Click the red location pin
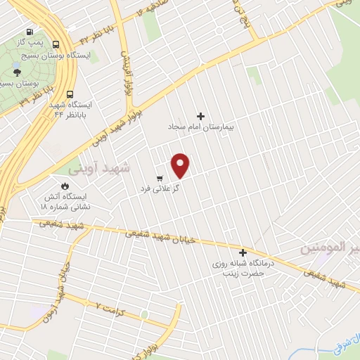click(x=181, y=165)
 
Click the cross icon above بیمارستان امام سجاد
click(x=201, y=116)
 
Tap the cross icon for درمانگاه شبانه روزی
click(x=243, y=253)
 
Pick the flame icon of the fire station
click(x=64, y=186)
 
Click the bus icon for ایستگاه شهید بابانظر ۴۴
click(x=70, y=94)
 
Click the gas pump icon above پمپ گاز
click(x=29, y=32)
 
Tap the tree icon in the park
click(x=17, y=71)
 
